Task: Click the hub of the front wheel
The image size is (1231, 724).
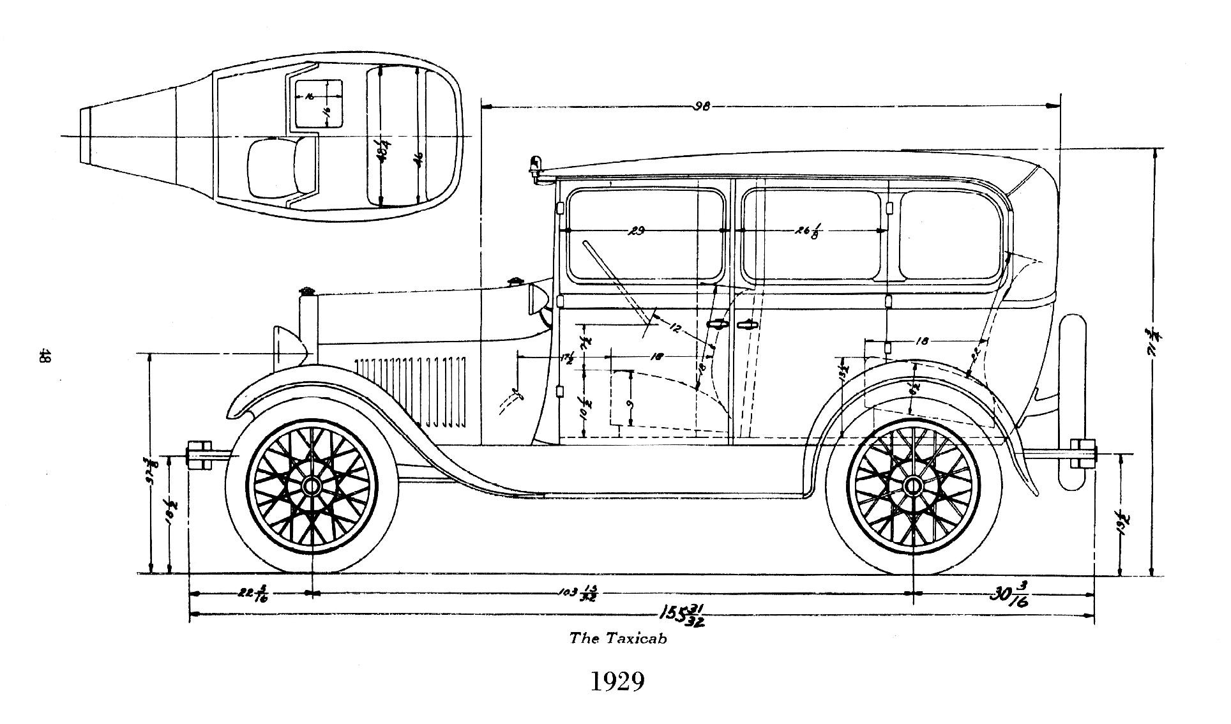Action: coord(312,486)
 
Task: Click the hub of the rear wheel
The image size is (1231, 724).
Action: coord(913,486)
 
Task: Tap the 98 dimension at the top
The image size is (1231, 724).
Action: coord(702,107)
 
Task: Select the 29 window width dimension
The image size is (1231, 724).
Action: coord(636,230)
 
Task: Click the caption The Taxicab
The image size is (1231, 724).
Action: coord(617,638)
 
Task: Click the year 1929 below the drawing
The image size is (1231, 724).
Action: coord(616,682)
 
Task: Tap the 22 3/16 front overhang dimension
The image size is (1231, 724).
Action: coord(253,593)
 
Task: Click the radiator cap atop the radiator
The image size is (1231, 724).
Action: coord(308,292)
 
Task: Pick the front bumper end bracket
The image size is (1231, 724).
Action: coord(199,455)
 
